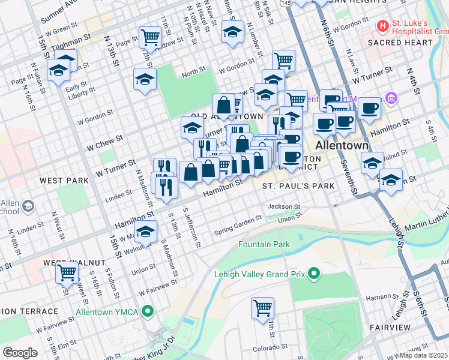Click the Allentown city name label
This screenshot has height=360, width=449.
[x=338, y=146]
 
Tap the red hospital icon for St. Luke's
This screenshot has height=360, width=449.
[x=382, y=26]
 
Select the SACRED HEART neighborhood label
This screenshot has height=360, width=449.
[x=400, y=43]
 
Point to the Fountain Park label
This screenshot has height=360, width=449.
[x=264, y=244]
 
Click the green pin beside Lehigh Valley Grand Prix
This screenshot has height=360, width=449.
[x=313, y=275]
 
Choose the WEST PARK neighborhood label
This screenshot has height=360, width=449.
[x=60, y=180]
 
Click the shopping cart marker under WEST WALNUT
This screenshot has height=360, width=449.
[x=67, y=273]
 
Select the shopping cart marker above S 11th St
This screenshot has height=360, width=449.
[x=262, y=308]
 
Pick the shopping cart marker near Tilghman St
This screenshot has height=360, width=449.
[x=150, y=37]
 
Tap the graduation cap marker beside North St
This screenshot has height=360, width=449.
[x=145, y=79]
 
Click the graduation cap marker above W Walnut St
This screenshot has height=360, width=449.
[x=145, y=231]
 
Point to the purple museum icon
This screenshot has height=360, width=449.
[x=391, y=97]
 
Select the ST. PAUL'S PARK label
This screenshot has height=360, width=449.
[x=298, y=187]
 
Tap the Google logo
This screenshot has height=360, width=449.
[x=20, y=352]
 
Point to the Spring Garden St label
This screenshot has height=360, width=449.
[x=240, y=229]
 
